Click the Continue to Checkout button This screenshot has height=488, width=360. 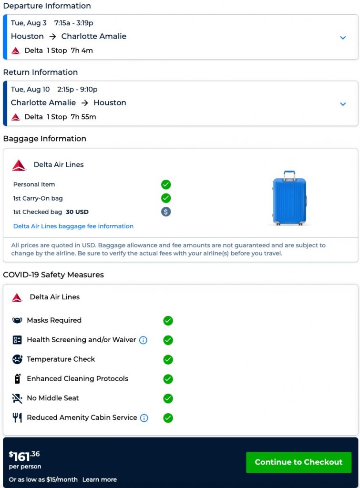point(298,462)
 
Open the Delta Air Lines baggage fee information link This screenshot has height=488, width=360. point(73,226)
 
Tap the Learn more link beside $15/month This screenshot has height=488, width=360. point(99,479)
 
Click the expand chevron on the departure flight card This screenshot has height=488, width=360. point(343,38)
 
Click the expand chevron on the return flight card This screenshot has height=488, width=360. point(343,104)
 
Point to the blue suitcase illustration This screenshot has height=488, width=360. point(289,198)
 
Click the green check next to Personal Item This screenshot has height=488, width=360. point(166,184)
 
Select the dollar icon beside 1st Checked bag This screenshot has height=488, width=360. point(166,212)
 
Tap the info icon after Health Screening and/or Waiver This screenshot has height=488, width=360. point(143,340)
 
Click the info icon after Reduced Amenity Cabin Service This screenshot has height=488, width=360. point(144,418)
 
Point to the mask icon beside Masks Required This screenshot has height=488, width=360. point(17,320)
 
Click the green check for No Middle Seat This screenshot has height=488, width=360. point(168,398)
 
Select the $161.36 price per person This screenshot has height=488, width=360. point(24,456)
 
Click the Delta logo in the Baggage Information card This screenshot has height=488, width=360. point(19,165)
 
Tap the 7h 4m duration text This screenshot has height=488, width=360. point(82,51)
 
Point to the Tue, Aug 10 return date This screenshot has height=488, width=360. point(31,89)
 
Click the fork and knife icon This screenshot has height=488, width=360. point(17,418)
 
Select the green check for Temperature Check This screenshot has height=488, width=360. point(168,359)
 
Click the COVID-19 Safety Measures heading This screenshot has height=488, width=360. point(53,275)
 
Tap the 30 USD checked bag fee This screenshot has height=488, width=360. point(77,212)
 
